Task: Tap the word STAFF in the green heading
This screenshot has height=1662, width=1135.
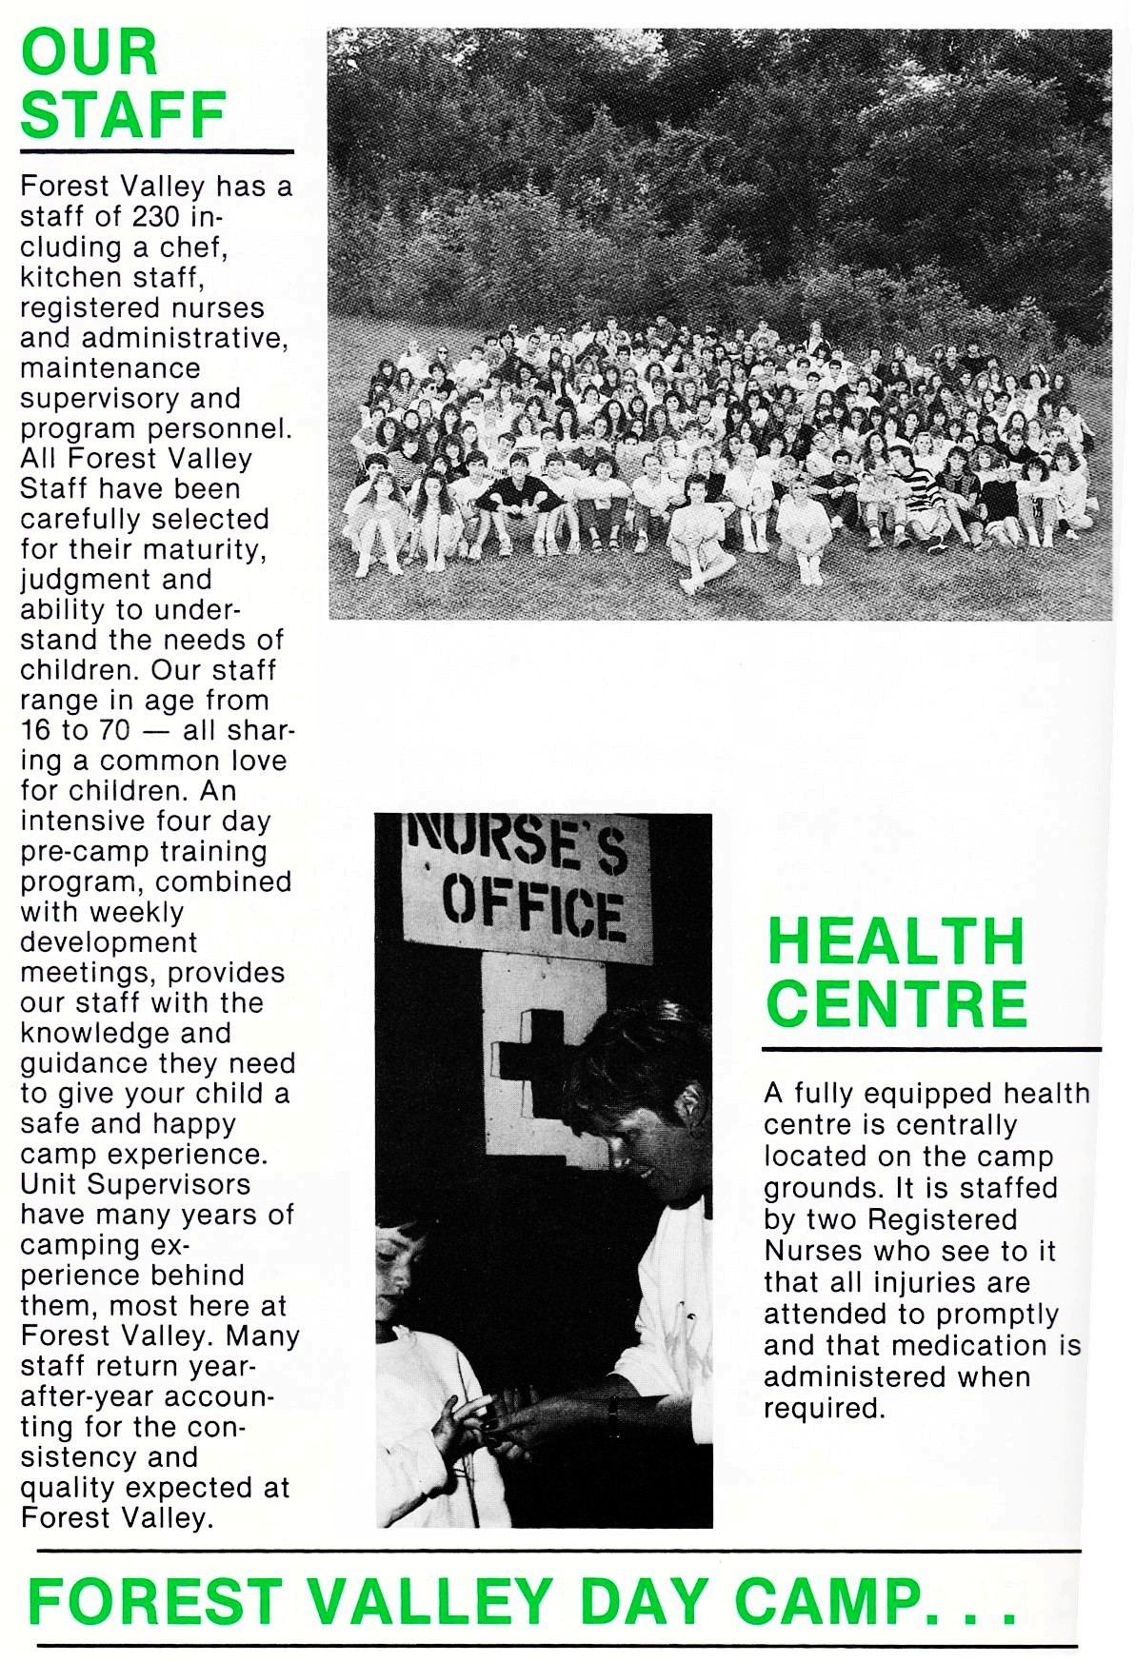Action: (123, 115)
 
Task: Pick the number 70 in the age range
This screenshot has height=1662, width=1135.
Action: (113, 730)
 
